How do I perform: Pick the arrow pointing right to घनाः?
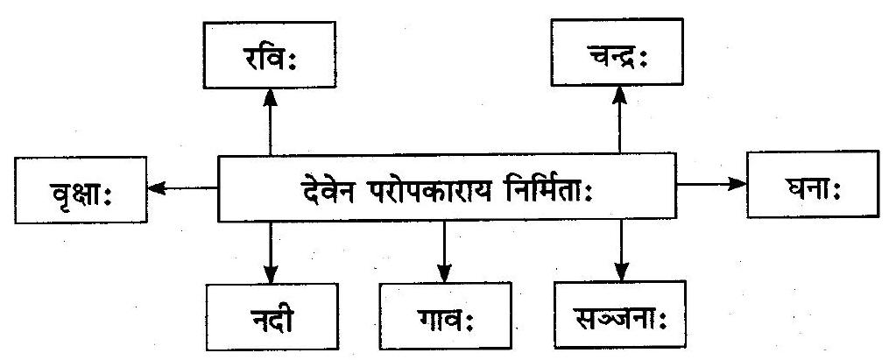[x=712, y=183]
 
